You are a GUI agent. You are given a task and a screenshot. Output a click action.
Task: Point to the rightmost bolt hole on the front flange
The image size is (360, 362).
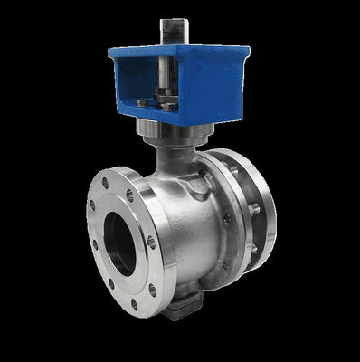pyautogui.click(x=151, y=243)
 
